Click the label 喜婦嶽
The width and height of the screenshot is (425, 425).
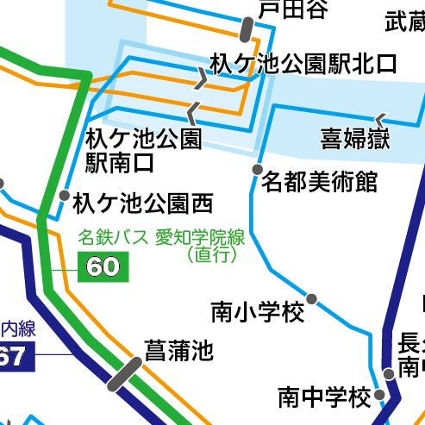point(356,137)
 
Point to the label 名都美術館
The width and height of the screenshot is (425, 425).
point(320,182)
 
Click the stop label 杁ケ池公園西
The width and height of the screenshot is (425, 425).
point(143,203)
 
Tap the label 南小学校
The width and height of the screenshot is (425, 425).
point(258,311)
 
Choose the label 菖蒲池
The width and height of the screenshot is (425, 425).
point(178,351)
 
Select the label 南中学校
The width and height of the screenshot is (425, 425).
point(324,397)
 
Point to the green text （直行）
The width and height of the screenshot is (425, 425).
point(211,254)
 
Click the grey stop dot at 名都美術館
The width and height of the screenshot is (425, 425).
point(257,169)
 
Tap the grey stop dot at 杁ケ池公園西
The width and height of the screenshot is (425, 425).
point(64,197)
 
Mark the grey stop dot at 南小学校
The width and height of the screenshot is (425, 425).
point(312,299)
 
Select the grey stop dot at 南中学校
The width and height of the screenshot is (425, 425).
point(389,373)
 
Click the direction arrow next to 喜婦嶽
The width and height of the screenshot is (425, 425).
point(380,118)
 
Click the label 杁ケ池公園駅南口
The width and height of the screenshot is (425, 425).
point(143,149)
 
